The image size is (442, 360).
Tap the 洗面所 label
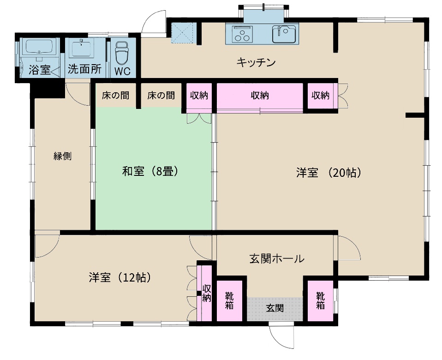84,69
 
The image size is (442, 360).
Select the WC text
123,72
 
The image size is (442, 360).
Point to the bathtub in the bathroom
39,47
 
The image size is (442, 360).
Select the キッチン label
257,62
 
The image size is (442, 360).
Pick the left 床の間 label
115,96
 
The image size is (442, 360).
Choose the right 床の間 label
161,96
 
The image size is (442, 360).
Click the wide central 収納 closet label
260,96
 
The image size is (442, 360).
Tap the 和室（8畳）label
150,172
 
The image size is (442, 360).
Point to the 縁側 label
62,156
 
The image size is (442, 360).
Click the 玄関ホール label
277,258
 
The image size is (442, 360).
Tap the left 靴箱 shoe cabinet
229,301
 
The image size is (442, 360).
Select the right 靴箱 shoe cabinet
320,301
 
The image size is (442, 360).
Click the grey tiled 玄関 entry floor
275,308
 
